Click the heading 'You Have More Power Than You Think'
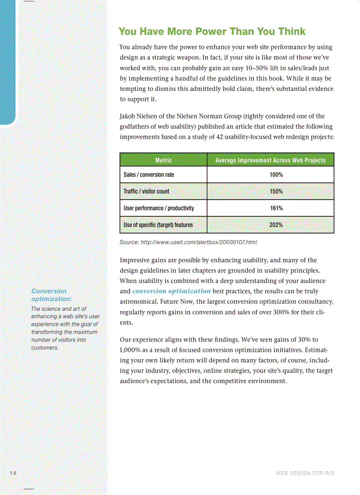[212, 31]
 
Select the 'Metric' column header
[163, 160]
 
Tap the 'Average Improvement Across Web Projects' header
[270, 160]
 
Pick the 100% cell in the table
[276, 175]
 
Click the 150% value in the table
[276, 191]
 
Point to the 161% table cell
[276, 208]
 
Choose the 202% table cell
[276, 225]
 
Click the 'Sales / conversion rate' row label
[149, 175]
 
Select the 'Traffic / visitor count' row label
[146, 191]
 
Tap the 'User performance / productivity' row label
[158, 208]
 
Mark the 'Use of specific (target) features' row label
[158, 225]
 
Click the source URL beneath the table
[188, 242]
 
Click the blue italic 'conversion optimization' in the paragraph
[171, 291]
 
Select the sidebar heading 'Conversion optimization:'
[49, 295]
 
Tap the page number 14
[13, 473]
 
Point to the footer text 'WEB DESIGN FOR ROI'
[305, 473]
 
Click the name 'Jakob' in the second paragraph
[127, 116]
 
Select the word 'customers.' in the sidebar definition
[45, 348]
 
